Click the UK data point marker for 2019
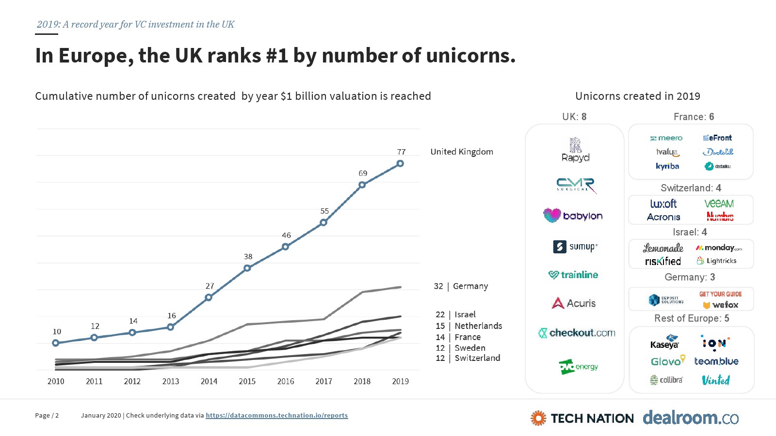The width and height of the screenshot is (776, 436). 400,164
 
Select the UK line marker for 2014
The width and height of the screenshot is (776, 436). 209,297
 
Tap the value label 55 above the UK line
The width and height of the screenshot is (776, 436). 324,211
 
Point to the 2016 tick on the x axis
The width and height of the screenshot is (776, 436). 286,381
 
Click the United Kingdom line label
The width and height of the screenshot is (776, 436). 462,152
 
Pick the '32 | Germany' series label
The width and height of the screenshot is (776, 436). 461,286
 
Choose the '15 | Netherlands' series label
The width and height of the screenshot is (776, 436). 469,326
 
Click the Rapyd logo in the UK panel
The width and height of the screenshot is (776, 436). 575,150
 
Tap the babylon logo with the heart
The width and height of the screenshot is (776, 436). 573,216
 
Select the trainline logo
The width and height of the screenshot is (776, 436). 573,275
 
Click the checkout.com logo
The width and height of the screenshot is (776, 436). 577,333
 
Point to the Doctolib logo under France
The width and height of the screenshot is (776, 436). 718,152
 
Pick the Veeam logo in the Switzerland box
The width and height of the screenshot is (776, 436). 719,203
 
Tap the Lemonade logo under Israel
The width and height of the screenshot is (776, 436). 663,248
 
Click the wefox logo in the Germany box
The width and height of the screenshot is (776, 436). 721,305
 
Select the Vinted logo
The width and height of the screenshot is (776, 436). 716,380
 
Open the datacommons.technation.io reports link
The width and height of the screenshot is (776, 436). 276,416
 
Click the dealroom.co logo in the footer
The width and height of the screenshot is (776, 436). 691,418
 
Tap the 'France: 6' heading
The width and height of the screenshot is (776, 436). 694,117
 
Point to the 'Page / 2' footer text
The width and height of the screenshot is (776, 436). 47,416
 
